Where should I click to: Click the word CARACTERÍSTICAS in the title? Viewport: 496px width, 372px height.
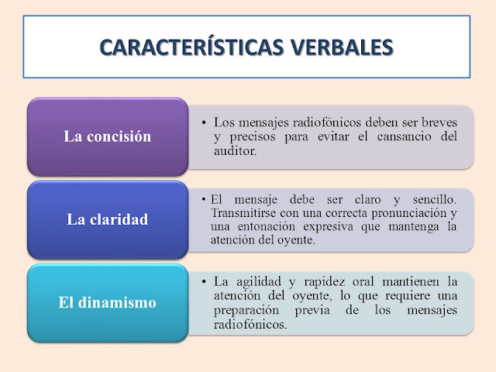tap(192, 47)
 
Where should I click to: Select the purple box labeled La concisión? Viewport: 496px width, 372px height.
tap(108, 136)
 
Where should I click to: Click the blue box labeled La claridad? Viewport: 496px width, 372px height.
tap(108, 220)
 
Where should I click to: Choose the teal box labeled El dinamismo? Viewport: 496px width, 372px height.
tap(108, 303)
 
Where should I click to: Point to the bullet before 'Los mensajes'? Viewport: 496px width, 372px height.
tap(204, 122)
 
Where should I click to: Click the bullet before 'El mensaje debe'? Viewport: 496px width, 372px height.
tap(204, 200)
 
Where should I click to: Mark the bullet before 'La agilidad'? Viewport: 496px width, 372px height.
tap(204, 281)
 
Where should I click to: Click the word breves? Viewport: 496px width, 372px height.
tap(439, 122)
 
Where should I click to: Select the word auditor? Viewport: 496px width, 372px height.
tap(235, 151)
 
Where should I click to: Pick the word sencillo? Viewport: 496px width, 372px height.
tap(434, 200)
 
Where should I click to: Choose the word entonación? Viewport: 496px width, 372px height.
tap(266, 226)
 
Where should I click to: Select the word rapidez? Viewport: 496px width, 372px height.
tap(324, 281)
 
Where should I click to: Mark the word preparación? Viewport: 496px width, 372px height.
tap(246, 310)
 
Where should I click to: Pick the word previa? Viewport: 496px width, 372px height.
tap(312, 310)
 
